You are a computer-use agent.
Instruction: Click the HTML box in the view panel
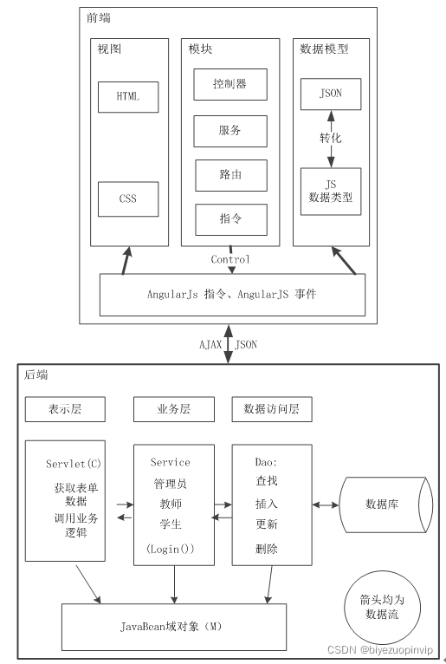pyautogui.click(x=129, y=97)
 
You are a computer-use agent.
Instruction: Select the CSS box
pyautogui.click(x=128, y=199)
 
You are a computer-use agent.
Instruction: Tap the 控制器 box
pyautogui.click(x=229, y=84)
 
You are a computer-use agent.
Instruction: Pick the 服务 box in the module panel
pyautogui.click(x=229, y=130)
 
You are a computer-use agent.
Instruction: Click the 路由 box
pyautogui.click(x=230, y=175)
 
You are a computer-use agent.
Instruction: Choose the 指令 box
pyautogui.click(x=230, y=218)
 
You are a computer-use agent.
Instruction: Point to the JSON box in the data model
pyautogui.click(x=330, y=94)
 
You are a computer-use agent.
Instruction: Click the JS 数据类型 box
pyautogui.click(x=331, y=191)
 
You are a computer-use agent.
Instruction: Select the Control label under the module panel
pyautogui.click(x=230, y=259)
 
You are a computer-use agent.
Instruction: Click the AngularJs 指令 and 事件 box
pyautogui.click(x=231, y=295)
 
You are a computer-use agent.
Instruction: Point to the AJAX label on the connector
pyautogui.click(x=210, y=344)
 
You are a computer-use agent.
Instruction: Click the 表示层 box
pyautogui.click(x=65, y=409)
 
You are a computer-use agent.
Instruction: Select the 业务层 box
pyautogui.click(x=173, y=409)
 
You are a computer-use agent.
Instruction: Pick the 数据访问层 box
pyautogui.click(x=272, y=409)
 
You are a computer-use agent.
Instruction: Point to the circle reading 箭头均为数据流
pyautogui.click(x=382, y=606)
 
